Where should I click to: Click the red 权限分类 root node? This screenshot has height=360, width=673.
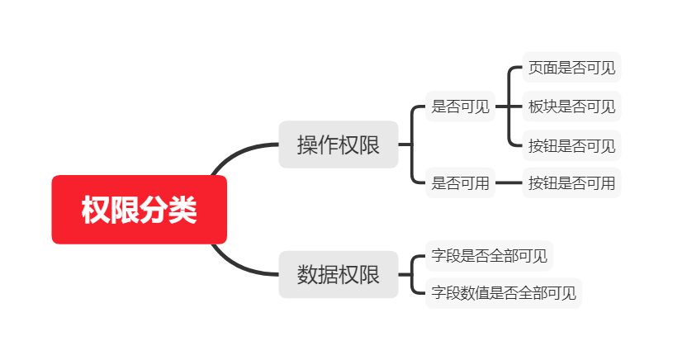pyautogui.click(x=139, y=210)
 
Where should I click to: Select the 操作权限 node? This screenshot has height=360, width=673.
pyautogui.click(x=339, y=144)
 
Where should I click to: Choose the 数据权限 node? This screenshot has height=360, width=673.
pyautogui.click(x=339, y=274)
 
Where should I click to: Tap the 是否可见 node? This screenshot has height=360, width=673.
pyautogui.click(x=460, y=107)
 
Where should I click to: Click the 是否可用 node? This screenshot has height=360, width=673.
pyautogui.click(x=460, y=183)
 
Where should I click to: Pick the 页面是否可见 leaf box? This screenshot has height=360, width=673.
pyautogui.click(x=571, y=68)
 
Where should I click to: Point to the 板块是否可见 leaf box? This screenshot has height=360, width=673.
pyautogui.click(x=571, y=107)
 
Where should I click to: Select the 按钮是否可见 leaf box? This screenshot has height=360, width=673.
pyautogui.click(x=571, y=146)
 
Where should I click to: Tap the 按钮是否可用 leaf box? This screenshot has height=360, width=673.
pyautogui.click(x=571, y=183)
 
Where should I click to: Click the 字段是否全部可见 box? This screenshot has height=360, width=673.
pyautogui.click(x=489, y=256)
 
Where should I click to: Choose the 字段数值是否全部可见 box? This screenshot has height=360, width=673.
pyautogui.click(x=504, y=292)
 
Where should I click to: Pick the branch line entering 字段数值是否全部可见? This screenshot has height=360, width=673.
pyautogui.click(x=417, y=291)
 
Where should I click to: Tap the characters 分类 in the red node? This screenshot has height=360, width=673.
pyautogui.click(x=168, y=210)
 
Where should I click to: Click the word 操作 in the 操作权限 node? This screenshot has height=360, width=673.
pyautogui.click(x=318, y=144)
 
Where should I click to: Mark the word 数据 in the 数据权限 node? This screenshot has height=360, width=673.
pyautogui.click(x=318, y=274)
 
